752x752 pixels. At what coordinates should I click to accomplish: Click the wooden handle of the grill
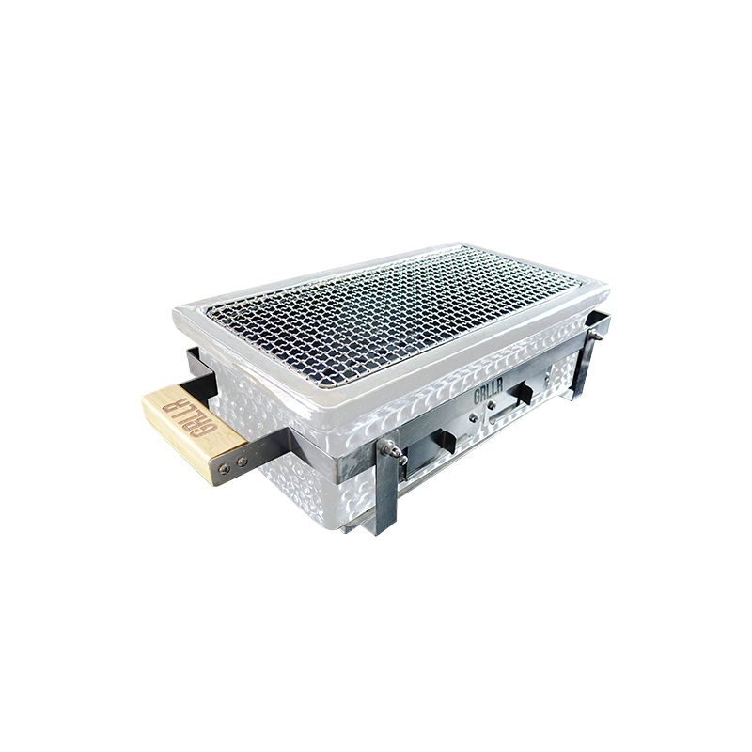pos(193,428)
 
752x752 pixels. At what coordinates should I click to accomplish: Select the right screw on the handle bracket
pos(242,462)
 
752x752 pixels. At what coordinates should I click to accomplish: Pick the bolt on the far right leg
pos(594,332)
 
